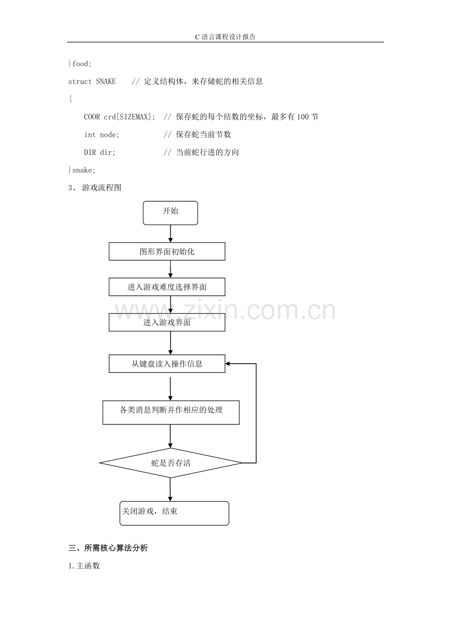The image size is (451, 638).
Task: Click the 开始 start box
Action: (171, 213)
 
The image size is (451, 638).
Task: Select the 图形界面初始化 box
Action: (167, 251)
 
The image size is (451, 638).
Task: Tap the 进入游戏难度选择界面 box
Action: (167, 287)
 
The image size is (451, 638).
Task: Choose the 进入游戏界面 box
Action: (167, 322)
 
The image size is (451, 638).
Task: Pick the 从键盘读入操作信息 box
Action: (167, 364)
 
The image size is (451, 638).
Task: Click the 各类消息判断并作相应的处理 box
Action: (171, 413)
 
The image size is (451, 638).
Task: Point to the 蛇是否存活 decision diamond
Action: (171, 463)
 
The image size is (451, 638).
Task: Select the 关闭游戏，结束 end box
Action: (175, 513)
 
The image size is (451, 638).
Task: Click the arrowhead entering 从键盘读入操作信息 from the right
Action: (227, 364)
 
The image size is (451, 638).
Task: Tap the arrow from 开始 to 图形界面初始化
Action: (171, 234)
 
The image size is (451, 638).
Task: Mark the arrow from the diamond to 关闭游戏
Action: (170, 490)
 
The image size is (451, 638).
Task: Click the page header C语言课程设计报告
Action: (225, 37)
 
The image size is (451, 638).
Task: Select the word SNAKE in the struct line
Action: (106, 81)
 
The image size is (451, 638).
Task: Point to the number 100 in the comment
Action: (302, 117)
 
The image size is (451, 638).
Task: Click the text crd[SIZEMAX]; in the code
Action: (129, 117)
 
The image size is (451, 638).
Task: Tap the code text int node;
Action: (101, 134)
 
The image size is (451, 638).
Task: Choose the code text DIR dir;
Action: (100, 152)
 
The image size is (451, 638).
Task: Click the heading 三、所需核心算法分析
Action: (108, 548)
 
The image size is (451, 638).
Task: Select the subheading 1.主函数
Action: (84, 565)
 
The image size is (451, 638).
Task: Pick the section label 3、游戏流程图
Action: (95, 187)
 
